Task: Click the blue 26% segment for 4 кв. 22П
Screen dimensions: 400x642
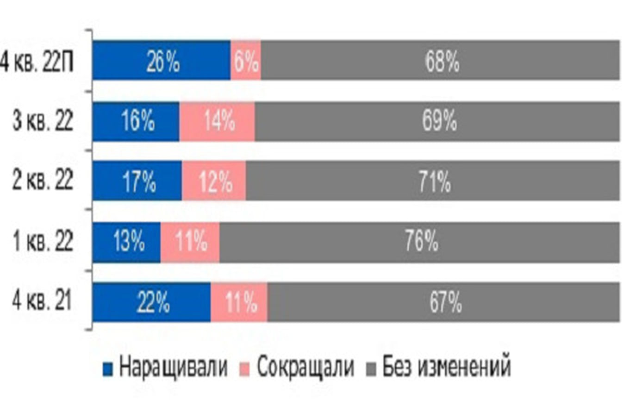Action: [x=161, y=61]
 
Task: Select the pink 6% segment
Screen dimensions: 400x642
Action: [x=246, y=61]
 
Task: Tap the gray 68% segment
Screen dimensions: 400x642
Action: [x=440, y=61]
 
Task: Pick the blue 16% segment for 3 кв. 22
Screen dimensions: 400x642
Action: [x=136, y=121]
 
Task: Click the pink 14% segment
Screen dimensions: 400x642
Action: [x=217, y=121]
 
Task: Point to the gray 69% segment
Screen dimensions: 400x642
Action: [x=437, y=121]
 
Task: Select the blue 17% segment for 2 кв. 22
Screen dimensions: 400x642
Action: [x=137, y=181]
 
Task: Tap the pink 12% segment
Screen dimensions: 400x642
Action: [x=214, y=181]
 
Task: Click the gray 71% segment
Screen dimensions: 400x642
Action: [x=433, y=181]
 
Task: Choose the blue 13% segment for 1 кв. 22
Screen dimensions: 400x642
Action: [x=126, y=242]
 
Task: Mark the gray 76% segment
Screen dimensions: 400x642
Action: [x=419, y=242]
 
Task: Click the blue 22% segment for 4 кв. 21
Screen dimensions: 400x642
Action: [x=151, y=302]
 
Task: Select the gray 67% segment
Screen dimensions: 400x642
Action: [x=443, y=302]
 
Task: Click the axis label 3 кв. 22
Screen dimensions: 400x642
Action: [x=43, y=122]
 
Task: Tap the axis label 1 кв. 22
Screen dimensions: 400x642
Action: [x=43, y=242]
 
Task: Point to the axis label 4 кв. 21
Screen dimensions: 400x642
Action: [x=43, y=302]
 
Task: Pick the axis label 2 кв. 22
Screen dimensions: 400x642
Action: [x=43, y=181]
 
